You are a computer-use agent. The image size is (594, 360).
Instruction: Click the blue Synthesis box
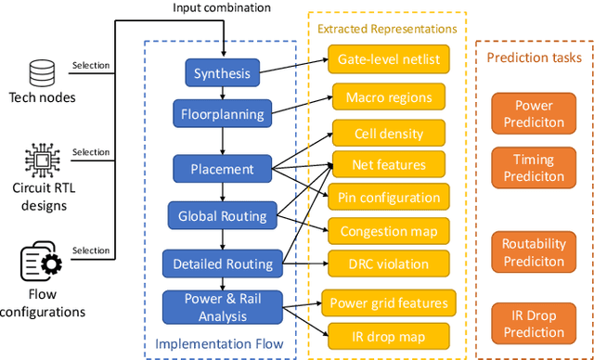[223, 72]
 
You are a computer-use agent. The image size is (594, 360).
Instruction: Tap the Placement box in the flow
[223, 169]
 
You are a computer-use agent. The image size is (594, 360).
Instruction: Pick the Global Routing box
[223, 216]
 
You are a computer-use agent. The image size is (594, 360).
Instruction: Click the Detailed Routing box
[223, 264]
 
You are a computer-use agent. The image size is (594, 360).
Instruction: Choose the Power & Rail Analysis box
[223, 308]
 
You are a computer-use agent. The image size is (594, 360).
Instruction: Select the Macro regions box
[388, 96]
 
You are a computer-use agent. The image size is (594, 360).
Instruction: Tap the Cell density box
[388, 134]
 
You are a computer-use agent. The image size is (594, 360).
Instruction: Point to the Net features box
[388, 165]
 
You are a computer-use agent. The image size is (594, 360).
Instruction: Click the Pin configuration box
[388, 197]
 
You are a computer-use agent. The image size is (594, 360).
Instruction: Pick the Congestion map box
[388, 231]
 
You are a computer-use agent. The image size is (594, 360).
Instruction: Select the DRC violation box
[388, 264]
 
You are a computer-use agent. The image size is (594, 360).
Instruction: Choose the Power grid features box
[388, 302]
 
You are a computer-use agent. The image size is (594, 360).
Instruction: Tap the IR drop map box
[388, 335]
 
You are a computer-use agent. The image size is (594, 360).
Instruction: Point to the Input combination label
[223, 8]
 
